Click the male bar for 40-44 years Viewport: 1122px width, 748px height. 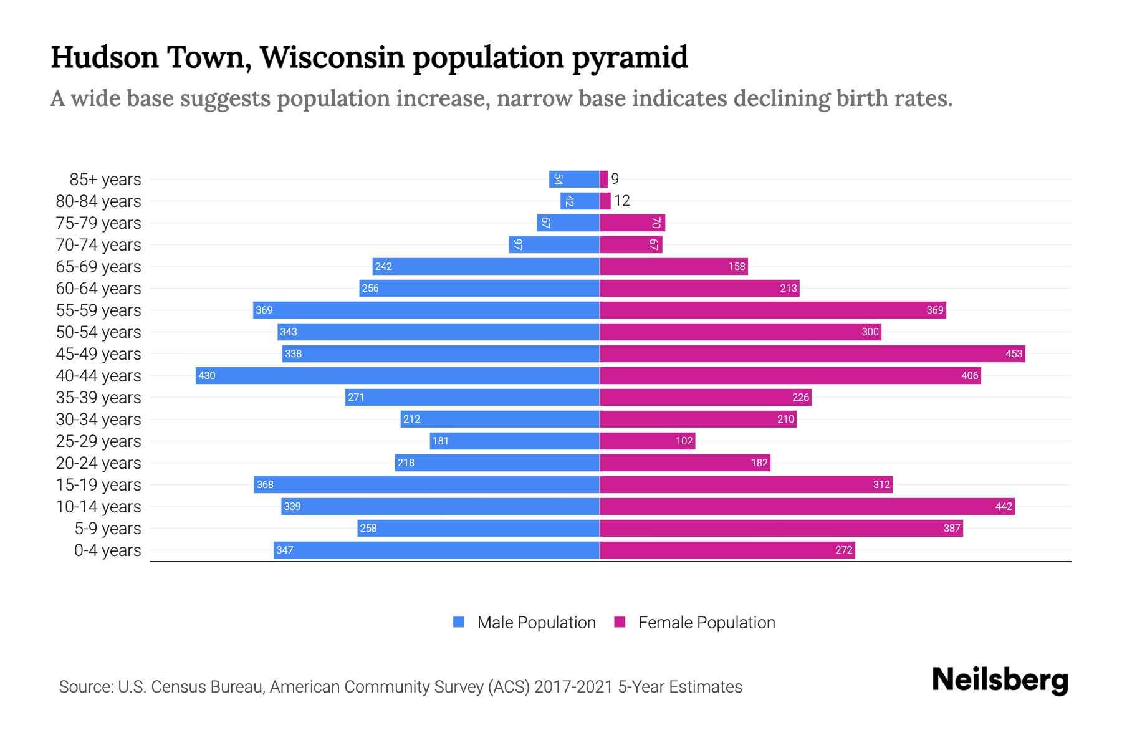398,375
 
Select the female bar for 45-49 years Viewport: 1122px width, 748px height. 812,353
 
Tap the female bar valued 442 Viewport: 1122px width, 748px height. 807,506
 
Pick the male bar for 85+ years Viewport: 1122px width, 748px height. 574,179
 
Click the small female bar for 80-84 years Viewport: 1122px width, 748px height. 605,201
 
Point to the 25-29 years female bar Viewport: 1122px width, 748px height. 647,441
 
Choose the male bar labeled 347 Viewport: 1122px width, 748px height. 436,550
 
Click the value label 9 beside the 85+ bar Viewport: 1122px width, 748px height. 615,179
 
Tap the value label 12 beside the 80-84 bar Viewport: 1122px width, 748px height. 622,201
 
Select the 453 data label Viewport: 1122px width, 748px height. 1014,353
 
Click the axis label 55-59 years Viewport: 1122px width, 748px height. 98,310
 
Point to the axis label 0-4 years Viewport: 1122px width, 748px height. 107,550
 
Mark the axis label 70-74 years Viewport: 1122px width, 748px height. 98,244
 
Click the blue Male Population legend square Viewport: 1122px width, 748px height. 459,622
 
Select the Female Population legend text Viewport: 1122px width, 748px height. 706,622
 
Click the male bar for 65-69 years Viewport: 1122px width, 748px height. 486,266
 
